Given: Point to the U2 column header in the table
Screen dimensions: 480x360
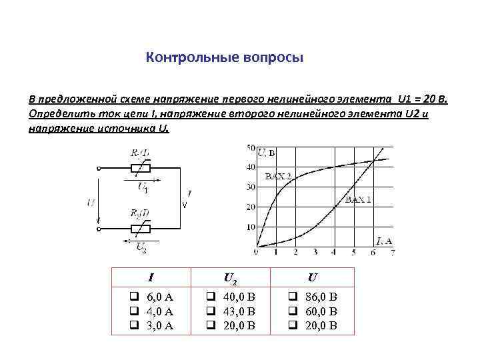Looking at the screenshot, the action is click(231, 276).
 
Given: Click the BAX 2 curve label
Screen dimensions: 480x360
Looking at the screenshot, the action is click(278, 177).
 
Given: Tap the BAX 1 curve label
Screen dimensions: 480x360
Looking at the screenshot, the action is click(358, 199).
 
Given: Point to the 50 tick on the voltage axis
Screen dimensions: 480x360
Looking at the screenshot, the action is click(251, 147).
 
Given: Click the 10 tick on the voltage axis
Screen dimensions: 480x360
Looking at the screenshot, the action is click(251, 227).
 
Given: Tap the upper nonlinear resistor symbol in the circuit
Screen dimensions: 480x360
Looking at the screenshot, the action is click(141, 168).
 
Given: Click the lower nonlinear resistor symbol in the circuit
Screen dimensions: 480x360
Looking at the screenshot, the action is click(141, 229).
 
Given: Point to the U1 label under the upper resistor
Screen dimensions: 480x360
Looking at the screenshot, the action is click(143, 187).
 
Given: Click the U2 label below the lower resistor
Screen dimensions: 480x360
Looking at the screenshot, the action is click(141, 247).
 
